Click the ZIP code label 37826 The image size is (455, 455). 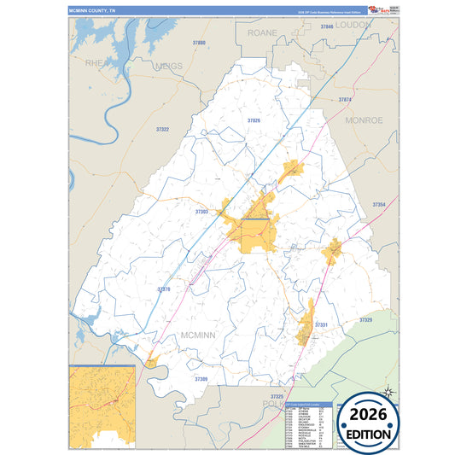(x=254, y=121)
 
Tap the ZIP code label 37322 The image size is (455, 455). (x=162, y=129)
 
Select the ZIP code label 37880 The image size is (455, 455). (x=199, y=42)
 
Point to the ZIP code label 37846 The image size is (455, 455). (x=326, y=27)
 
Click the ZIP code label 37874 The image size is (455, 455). (x=345, y=101)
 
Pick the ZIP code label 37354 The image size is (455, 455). (x=379, y=205)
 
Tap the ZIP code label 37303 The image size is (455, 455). (x=201, y=211)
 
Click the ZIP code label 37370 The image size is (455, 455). (x=164, y=289)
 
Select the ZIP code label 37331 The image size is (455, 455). (x=322, y=325)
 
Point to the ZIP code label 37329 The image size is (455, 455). (x=366, y=319)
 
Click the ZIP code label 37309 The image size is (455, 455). (x=201, y=378)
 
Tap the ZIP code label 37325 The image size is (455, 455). (x=276, y=397)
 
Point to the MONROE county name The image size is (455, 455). (x=364, y=121)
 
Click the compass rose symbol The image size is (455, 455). (x=387, y=392)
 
